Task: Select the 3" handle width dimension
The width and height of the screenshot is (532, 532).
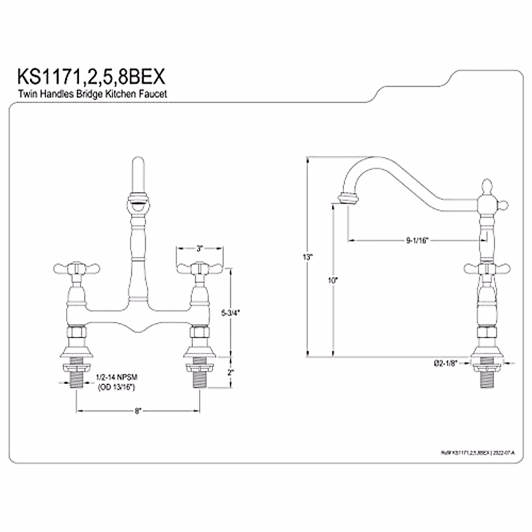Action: [x=199, y=249]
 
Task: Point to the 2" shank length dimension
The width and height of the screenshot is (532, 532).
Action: [x=230, y=372]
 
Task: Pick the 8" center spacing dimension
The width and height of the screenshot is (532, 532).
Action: [x=138, y=411]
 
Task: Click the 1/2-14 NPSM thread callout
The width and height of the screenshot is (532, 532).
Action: [x=117, y=377]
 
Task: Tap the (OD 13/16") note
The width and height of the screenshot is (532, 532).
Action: [x=116, y=387]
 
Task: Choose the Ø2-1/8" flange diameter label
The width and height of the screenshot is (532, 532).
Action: [x=446, y=363]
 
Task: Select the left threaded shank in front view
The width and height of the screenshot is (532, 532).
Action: [x=77, y=377]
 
